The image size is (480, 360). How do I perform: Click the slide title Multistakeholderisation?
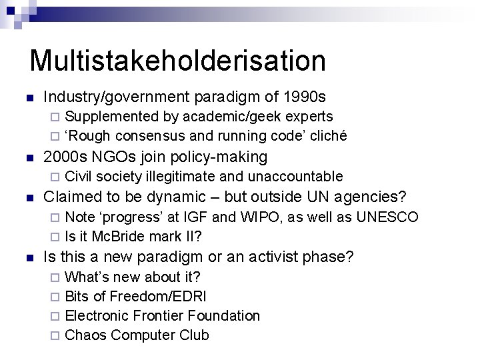(x=177, y=60)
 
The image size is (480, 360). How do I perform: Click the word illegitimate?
(x=176, y=176)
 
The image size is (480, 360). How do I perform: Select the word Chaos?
(x=85, y=335)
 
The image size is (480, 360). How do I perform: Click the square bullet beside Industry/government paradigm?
(x=27, y=97)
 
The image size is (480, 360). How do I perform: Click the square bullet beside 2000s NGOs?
(x=27, y=157)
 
